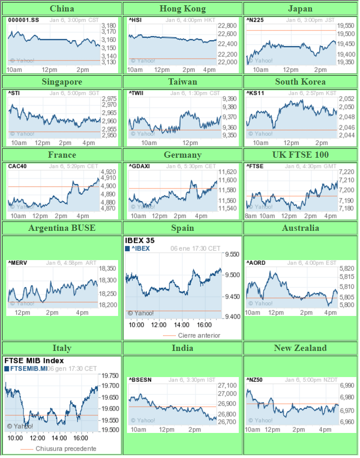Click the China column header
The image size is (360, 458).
[x=62, y=8]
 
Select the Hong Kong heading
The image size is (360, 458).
[x=182, y=8]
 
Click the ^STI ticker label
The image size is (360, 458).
[x=14, y=93]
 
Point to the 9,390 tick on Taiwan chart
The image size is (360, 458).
[x=230, y=99]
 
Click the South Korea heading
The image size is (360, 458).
[x=300, y=81]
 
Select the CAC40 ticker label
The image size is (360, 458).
[x=17, y=166]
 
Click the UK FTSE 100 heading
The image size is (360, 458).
[x=300, y=155]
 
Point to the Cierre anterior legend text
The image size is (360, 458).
[x=199, y=335]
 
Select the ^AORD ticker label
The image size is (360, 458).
[x=256, y=263]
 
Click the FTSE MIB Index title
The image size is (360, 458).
[x=34, y=360]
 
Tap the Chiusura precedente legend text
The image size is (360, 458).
[x=66, y=449]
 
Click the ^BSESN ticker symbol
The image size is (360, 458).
[x=140, y=380]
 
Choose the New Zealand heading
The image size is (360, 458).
[x=300, y=348]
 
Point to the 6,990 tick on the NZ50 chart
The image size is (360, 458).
[x=347, y=385]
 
